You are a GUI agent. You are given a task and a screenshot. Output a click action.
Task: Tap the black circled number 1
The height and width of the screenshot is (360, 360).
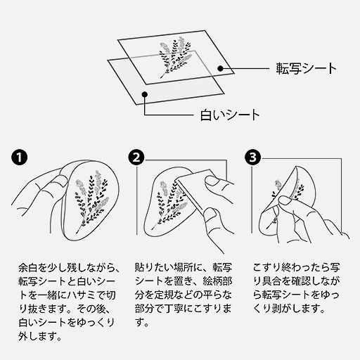(x=22, y=157)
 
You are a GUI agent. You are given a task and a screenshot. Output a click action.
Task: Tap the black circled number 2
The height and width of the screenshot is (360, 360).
(x=138, y=157)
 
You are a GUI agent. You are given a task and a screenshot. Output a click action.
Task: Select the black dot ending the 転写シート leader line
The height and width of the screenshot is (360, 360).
(x=220, y=68)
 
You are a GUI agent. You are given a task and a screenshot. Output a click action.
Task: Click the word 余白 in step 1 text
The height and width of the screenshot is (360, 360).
(x=25, y=269)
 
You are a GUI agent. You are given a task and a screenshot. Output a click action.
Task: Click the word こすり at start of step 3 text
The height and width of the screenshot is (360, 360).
(x=267, y=269)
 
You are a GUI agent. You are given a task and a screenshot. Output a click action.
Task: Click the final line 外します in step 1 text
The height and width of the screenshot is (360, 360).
(x=38, y=336)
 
